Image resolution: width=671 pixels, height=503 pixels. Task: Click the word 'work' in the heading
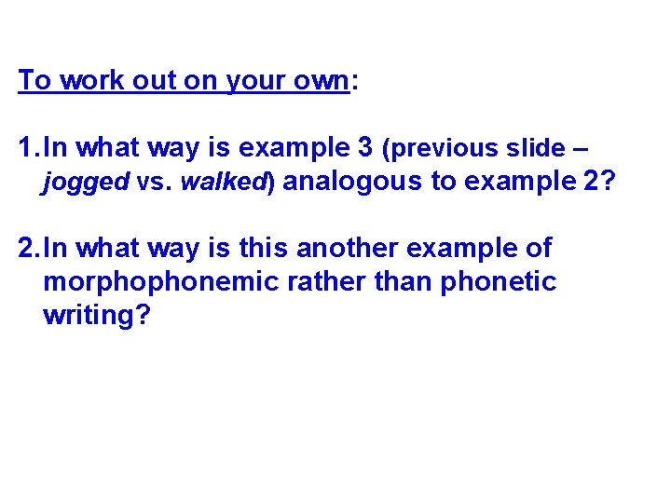click(86, 81)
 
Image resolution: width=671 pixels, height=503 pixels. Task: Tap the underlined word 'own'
click(320, 81)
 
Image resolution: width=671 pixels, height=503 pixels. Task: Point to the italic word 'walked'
click(224, 183)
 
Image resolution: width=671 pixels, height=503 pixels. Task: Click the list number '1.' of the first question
click(29, 148)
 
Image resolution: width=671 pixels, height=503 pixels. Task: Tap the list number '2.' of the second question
click(29, 249)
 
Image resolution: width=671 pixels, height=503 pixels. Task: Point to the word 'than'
click(401, 281)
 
